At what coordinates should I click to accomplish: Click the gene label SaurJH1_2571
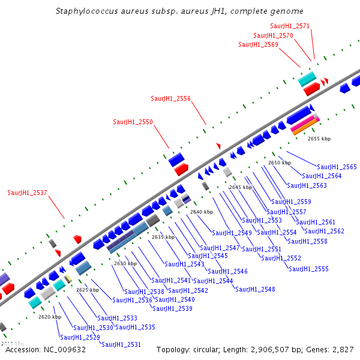(290, 26)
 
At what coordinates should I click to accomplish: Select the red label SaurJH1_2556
(170, 98)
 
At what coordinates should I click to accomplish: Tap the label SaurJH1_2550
(133, 122)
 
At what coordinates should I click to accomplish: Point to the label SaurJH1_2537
(27, 193)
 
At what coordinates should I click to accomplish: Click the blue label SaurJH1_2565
(337, 167)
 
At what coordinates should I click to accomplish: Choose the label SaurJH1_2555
(308, 269)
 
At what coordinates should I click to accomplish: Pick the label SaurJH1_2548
(255, 289)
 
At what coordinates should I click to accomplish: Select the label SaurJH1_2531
(121, 344)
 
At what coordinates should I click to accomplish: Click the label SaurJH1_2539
(172, 308)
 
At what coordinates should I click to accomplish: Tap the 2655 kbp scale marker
(319, 139)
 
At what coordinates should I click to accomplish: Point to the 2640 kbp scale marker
(201, 212)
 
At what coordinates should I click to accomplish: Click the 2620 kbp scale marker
(49, 317)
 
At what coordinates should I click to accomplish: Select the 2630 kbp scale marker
(125, 263)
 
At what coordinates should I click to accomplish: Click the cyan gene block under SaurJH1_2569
(307, 79)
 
